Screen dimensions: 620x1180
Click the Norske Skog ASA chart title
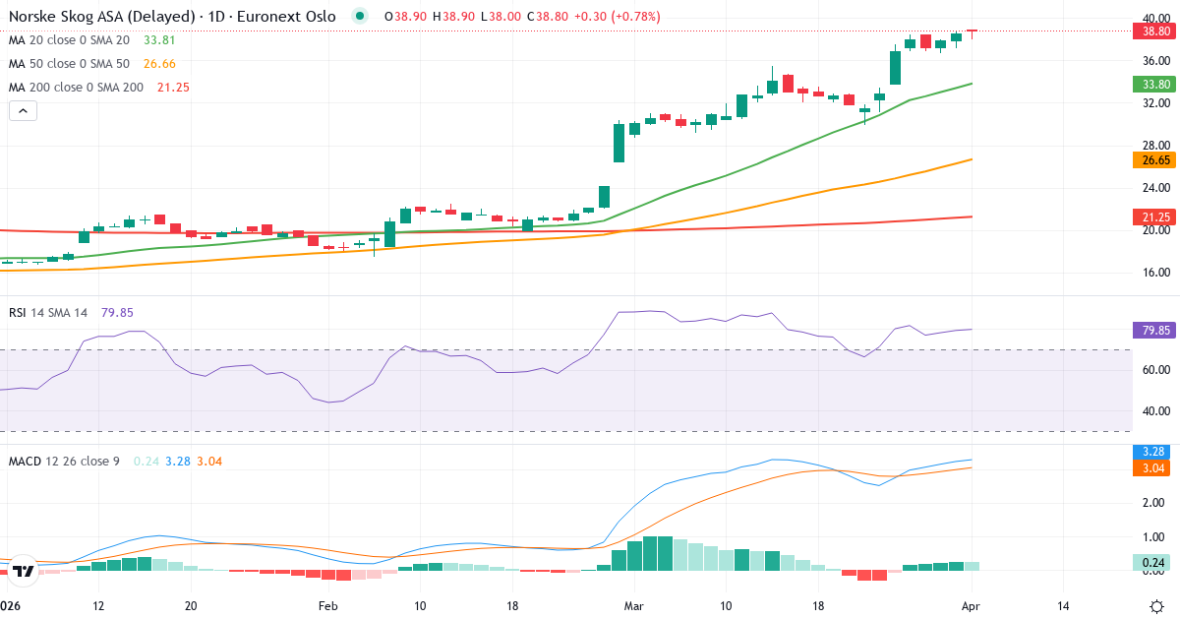pos(172,17)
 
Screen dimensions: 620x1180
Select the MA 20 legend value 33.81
pos(159,40)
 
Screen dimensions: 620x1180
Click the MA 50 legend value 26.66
pos(159,64)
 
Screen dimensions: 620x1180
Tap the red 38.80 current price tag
pos(1150,31)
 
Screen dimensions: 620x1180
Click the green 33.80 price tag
pos(1150,85)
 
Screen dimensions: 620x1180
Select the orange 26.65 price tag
pos(1150,160)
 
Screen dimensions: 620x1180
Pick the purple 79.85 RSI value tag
pos(1150,331)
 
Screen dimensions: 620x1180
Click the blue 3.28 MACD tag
pos(1150,452)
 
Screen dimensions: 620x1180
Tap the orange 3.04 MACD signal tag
pos(1150,468)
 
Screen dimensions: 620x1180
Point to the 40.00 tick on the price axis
pos(1154,18)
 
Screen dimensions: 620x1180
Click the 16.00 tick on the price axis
pos(1154,273)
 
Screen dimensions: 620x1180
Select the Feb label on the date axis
pos(328,606)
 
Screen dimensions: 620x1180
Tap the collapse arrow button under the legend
pos(23,111)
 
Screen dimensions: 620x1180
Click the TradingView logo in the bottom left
pos(25,571)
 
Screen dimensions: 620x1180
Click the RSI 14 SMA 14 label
pos(48,313)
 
